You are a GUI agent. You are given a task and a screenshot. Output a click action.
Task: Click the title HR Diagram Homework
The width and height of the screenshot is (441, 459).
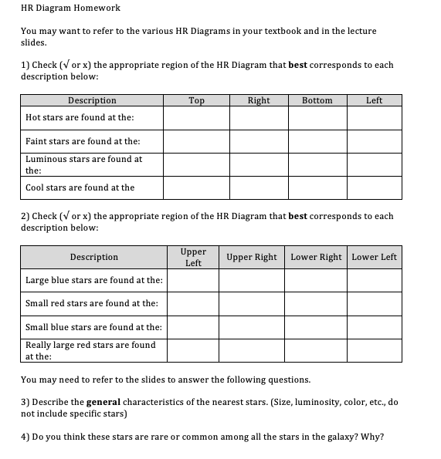point(70,8)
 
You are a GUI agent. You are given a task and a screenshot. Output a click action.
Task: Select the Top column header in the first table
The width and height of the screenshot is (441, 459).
point(196,100)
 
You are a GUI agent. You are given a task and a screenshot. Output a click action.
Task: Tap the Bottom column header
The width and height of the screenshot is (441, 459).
point(317,100)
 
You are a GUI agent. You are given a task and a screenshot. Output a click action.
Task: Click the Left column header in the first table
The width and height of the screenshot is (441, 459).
point(374,100)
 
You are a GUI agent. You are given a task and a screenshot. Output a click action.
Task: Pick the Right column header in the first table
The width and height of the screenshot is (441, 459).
point(259,100)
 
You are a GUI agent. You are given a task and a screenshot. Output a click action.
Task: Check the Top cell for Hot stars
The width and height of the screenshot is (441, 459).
point(196,117)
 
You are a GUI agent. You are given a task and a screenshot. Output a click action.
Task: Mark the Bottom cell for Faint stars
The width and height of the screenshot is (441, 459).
point(317,141)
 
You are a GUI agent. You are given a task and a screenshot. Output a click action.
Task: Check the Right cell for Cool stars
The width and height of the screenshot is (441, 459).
point(259,187)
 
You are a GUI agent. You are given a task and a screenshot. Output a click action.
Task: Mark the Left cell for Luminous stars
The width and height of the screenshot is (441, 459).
point(374,164)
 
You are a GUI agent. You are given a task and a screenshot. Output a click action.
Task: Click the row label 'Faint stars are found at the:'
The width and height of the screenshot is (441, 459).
point(83,141)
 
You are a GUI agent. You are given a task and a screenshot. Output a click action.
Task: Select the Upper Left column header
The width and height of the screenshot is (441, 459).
point(193,258)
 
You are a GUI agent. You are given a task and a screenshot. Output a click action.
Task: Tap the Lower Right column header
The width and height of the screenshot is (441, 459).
point(316,257)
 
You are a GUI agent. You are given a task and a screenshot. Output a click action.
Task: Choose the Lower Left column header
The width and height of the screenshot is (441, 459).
point(375,257)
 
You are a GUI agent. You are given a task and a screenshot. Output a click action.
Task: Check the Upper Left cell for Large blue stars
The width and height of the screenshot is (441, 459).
point(193,280)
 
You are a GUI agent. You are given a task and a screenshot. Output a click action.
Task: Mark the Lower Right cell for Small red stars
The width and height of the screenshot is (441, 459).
point(316,303)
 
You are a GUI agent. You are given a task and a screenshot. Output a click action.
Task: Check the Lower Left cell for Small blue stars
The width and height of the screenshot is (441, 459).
point(375,327)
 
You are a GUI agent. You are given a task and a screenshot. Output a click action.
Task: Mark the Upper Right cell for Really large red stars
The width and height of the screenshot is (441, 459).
point(251,350)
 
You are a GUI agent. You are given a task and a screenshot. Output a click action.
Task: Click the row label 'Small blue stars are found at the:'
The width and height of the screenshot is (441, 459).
point(93,327)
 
